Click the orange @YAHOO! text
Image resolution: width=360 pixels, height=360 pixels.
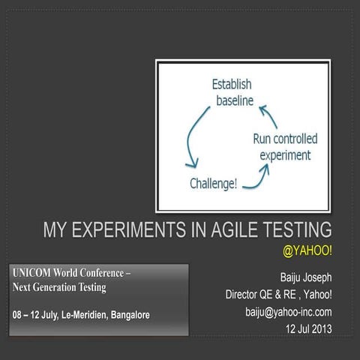click(307, 248)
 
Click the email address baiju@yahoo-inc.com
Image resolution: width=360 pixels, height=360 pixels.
click(288, 310)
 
